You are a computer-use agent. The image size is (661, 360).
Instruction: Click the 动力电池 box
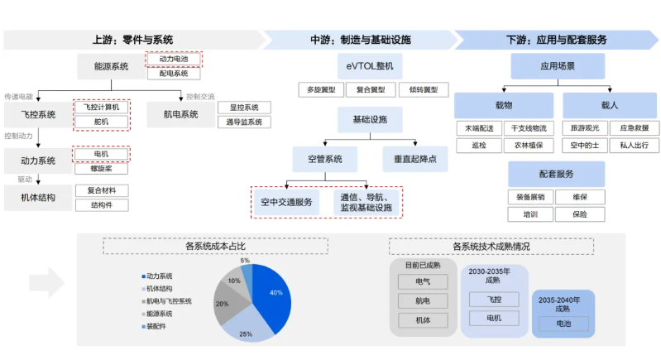(x=174, y=60)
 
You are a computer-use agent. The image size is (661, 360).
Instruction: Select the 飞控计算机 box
(x=102, y=108)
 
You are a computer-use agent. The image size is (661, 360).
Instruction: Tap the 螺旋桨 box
(x=102, y=168)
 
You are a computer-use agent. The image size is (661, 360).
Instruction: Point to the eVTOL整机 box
(x=365, y=65)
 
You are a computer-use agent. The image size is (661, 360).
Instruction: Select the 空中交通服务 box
(x=285, y=202)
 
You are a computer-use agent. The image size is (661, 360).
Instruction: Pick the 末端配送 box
(x=479, y=128)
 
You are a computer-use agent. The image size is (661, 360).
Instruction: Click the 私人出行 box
(x=635, y=146)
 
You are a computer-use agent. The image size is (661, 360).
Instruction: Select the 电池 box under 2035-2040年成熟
(x=563, y=324)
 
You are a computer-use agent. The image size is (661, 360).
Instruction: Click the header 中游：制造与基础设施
(x=360, y=39)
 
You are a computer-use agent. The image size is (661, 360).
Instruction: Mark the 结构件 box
(x=102, y=204)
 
